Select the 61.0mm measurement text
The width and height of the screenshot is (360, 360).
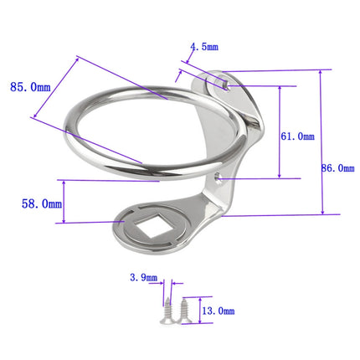pyautogui.click(x=298, y=136)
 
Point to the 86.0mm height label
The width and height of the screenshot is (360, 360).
pyautogui.click(x=339, y=168)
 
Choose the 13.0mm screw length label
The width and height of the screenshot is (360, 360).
pyautogui.click(x=217, y=310)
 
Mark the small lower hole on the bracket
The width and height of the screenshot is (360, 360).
pyautogui.click(x=219, y=177)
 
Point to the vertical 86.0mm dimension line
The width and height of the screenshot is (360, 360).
pyautogui.click(x=322, y=142)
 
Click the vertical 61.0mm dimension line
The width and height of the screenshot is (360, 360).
pyautogui.click(x=280, y=131)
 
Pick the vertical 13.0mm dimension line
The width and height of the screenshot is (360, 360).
pyautogui.click(x=198, y=308)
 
